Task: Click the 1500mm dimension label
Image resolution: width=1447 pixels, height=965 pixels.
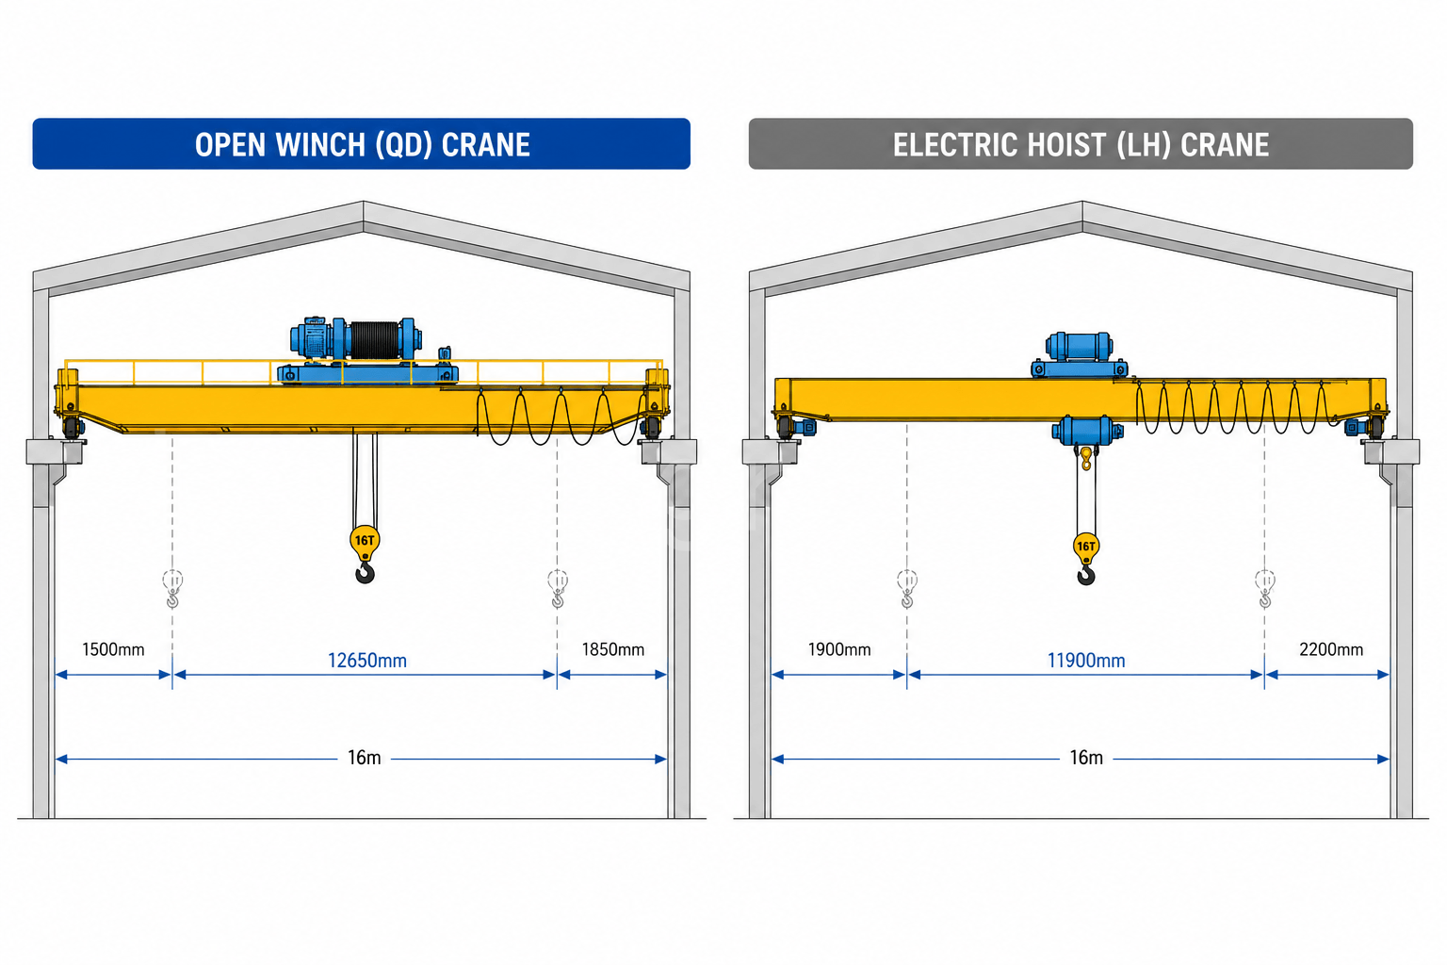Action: (x=113, y=649)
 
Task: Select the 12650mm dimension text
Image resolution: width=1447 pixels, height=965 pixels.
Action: (x=366, y=661)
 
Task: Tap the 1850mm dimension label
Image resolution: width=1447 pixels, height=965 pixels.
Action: (x=613, y=649)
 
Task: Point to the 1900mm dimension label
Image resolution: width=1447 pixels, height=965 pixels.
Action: (x=839, y=649)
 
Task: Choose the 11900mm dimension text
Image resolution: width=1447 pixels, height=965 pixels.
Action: (x=1086, y=661)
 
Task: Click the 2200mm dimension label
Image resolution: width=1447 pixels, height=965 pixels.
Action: (x=1331, y=649)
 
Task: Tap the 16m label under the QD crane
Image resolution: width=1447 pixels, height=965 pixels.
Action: (x=365, y=758)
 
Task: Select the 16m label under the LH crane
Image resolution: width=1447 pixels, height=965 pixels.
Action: (x=1086, y=758)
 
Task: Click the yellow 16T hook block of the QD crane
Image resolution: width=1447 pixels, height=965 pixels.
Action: (x=365, y=542)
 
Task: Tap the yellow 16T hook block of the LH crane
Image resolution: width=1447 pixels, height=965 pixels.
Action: (x=1086, y=547)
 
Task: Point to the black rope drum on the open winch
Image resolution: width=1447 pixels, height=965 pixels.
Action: (x=375, y=339)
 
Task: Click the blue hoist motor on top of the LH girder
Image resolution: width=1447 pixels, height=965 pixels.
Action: (x=1079, y=347)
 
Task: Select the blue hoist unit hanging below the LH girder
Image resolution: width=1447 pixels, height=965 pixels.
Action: (x=1086, y=431)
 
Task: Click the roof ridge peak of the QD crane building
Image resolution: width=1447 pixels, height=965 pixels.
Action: (x=363, y=202)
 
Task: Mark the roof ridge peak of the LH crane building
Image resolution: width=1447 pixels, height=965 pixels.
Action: (x=1082, y=202)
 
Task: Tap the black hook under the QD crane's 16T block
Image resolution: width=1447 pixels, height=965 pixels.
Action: (x=366, y=573)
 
